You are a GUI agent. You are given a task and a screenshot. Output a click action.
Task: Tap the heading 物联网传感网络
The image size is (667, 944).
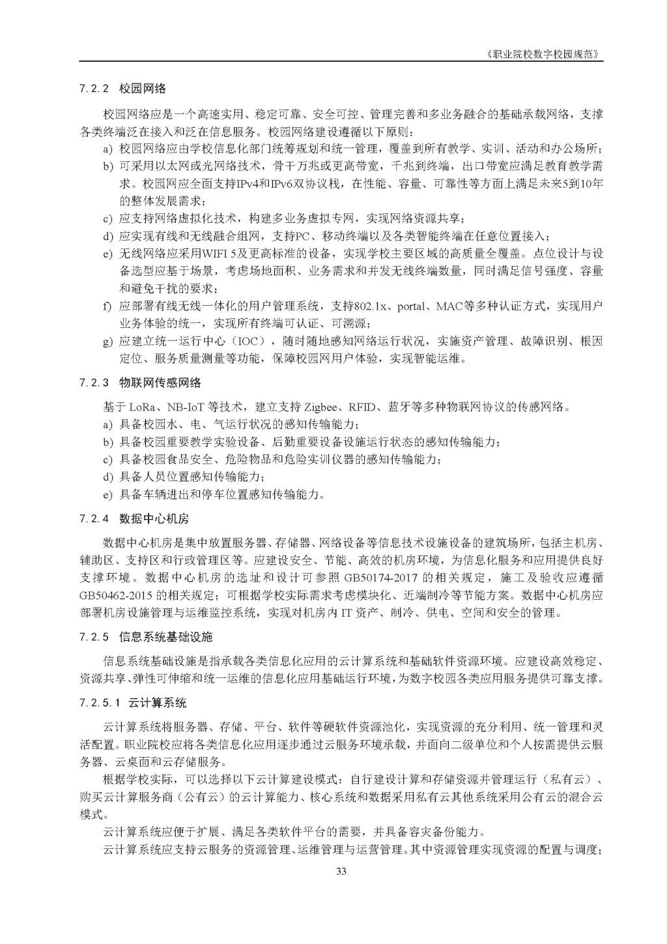pyautogui.click(x=160, y=383)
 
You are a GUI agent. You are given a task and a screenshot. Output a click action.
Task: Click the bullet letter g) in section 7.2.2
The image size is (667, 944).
pyautogui.click(x=107, y=341)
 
